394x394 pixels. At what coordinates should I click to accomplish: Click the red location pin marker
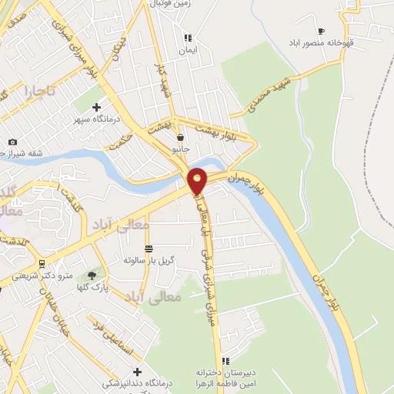pyautogui.click(x=198, y=180)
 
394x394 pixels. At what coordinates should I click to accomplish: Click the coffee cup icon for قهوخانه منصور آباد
pyautogui.click(x=321, y=31)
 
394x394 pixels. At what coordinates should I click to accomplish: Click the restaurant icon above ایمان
pyautogui.click(x=186, y=37)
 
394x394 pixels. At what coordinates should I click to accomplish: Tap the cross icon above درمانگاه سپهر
pyautogui.click(x=96, y=107)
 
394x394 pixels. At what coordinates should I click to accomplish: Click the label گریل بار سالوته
pyautogui.click(x=149, y=260)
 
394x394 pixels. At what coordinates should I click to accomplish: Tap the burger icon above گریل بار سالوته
pyautogui.click(x=149, y=249)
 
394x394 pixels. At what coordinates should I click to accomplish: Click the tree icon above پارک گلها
pyautogui.click(x=93, y=275)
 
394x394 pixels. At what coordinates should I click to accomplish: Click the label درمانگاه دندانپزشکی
pyautogui.click(x=145, y=383)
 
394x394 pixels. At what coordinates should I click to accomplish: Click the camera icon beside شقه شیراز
pyautogui.click(x=12, y=142)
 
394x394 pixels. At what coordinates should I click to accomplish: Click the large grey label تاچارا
pyautogui.click(x=40, y=92)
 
